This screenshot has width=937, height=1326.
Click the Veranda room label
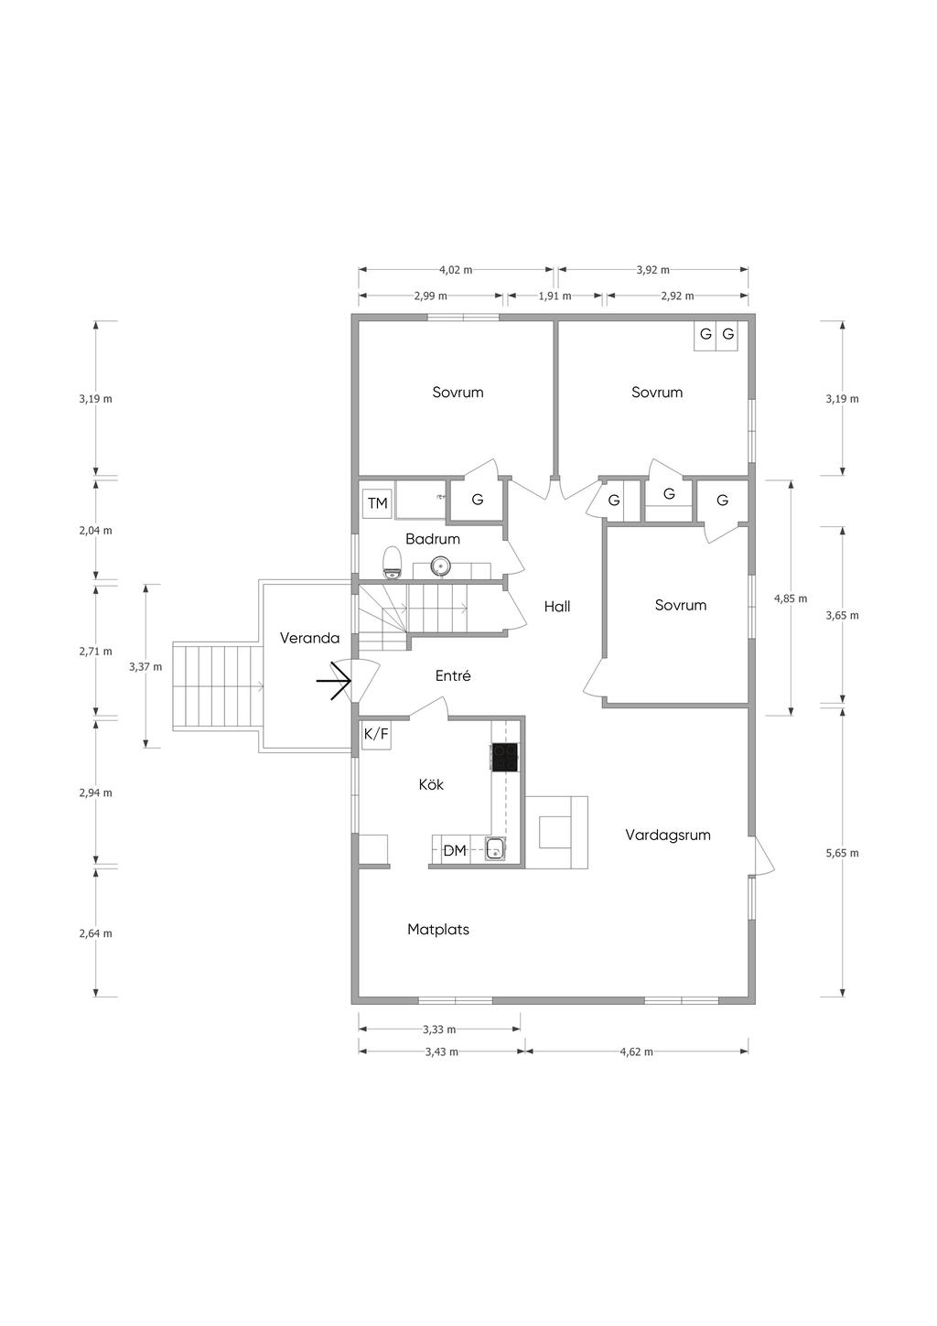(309, 638)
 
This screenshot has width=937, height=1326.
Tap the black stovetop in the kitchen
(505, 757)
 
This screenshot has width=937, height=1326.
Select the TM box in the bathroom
(378, 503)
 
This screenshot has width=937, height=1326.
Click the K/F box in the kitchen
(376, 735)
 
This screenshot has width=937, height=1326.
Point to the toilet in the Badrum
(392, 563)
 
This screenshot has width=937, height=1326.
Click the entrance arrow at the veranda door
(334, 682)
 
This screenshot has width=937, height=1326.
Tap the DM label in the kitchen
(455, 851)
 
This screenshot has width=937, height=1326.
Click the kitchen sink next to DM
(495, 848)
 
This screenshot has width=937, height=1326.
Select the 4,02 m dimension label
(456, 270)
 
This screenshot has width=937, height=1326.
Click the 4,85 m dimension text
(791, 598)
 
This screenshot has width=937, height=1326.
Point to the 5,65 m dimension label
(842, 853)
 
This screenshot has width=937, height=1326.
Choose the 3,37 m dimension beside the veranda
(145, 666)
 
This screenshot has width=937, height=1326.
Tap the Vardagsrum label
(668, 835)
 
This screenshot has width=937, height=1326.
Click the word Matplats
(438, 930)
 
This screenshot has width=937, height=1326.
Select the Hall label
(557, 606)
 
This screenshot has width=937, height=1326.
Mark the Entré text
(453, 675)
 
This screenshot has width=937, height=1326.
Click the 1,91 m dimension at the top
(555, 296)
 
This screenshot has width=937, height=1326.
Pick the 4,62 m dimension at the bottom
(636, 1051)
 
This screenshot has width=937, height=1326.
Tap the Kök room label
(431, 784)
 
